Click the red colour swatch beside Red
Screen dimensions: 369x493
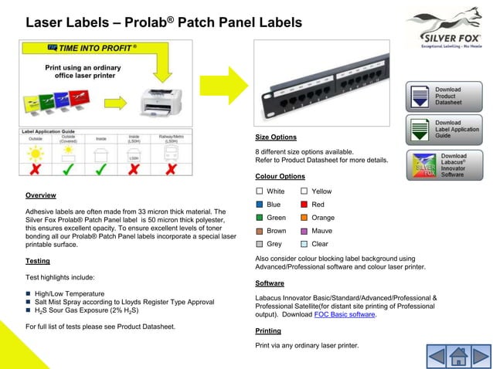[x=304, y=205]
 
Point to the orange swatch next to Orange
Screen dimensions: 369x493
[x=304, y=218]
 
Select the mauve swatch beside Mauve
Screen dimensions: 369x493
[x=304, y=231]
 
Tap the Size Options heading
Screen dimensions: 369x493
[x=276, y=137]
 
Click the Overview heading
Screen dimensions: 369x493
[x=40, y=195]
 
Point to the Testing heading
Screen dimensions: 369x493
[x=38, y=261]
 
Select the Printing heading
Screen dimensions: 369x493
[x=268, y=330]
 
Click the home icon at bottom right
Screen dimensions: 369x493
[x=457, y=357]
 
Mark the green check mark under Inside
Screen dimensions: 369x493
[x=100, y=168]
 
